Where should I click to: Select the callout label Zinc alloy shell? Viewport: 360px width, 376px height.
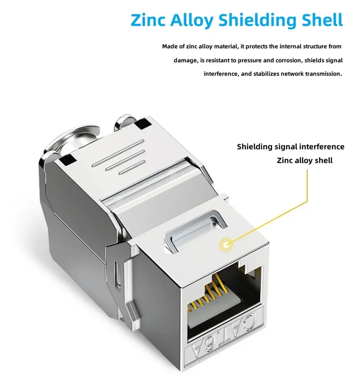[305, 160]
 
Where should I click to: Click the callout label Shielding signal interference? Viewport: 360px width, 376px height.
[291, 146]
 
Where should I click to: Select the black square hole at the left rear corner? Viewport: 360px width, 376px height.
[68, 158]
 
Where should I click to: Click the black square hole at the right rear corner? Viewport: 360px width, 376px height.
[145, 123]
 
